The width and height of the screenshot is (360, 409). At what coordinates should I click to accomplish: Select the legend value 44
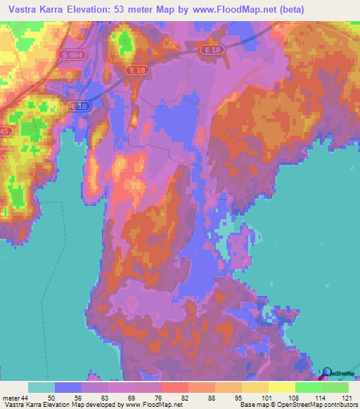click(26, 398)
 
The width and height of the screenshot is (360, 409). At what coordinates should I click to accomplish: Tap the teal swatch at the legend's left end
click(41, 387)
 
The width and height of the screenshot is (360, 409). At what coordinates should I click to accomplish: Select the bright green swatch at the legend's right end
click(335, 387)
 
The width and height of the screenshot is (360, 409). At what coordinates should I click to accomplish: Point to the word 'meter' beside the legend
click(11, 398)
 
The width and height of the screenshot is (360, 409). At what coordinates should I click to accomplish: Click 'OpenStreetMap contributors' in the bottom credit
click(317, 405)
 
